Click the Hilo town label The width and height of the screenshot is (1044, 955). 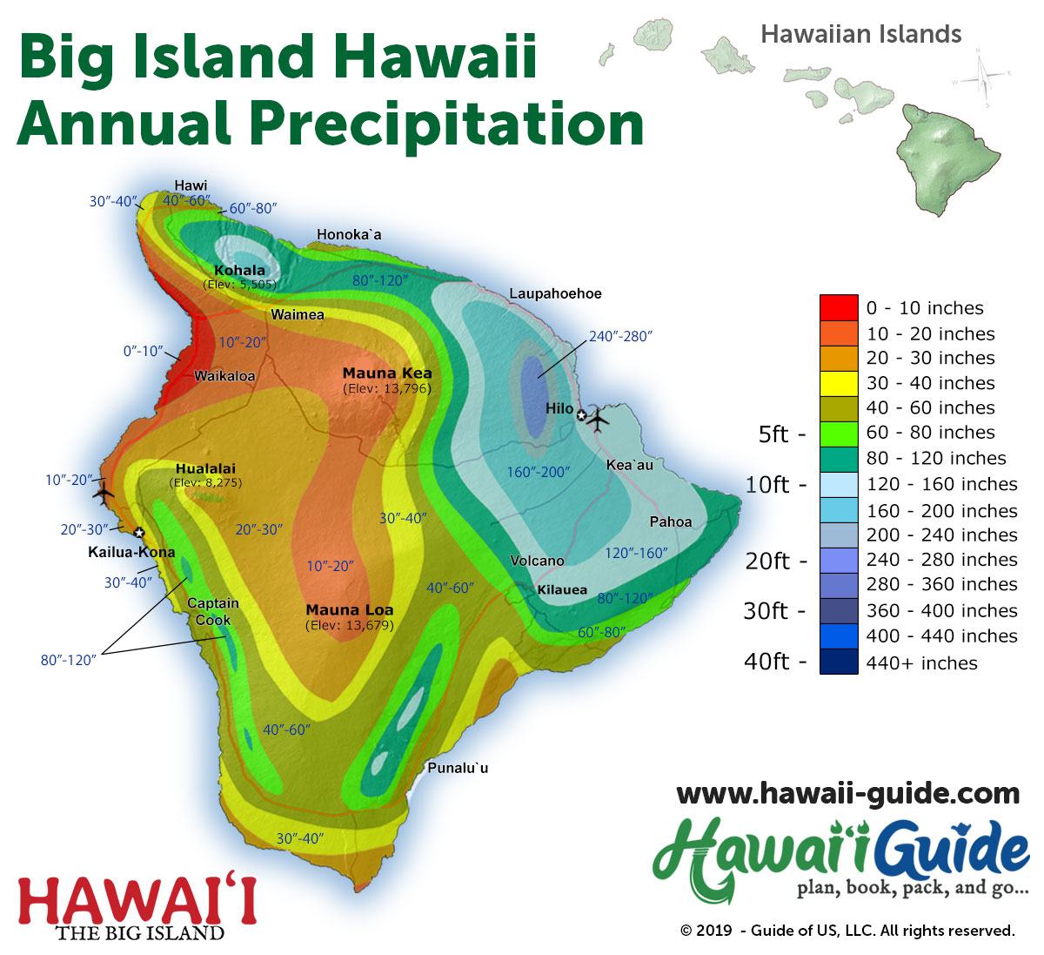(x=559, y=408)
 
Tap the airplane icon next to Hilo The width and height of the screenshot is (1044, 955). (x=599, y=420)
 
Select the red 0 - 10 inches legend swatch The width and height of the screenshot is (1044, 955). (x=839, y=308)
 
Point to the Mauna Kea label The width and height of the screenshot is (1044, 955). (x=387, y=373)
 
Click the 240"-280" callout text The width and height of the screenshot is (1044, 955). (x=620, y=336)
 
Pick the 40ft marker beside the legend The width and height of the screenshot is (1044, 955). (x=766, y=662)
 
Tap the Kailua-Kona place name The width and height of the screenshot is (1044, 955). (x=131, y=552)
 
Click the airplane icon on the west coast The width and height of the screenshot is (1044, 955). (x=104, y=493)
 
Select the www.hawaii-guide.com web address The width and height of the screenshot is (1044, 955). (x=847, y=793)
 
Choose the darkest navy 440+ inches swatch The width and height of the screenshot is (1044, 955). (x=839, y=662)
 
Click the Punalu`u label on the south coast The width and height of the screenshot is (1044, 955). (x=458, y=768)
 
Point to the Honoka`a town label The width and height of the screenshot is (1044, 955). (x=349, y=234)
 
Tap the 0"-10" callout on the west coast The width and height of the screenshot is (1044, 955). (x=143, y=351)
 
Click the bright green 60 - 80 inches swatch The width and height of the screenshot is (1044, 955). (x=839, y=433)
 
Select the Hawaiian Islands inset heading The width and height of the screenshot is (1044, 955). (x=860, y=35)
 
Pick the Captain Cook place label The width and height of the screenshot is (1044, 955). (x=213, y=611)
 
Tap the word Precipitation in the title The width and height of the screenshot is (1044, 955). (x=447, y=124)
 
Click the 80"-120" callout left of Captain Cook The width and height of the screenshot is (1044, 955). (x=68, y=660)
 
